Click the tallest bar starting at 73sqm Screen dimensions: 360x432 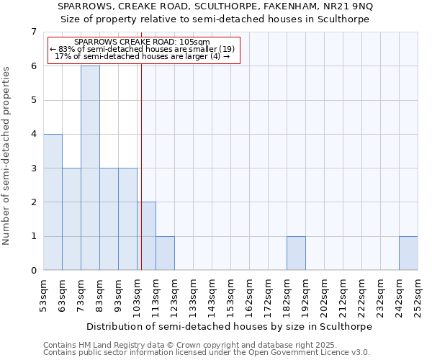coord(90,168)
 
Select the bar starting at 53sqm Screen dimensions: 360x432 coord(53,202)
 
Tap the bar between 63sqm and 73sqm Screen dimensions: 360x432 coord(71,219)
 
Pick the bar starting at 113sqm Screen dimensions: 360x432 coord(165,253)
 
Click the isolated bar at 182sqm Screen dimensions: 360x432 coord(296,253)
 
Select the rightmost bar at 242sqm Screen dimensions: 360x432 coord(408,253)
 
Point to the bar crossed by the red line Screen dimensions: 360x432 coord(147,236)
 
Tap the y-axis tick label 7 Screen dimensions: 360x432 coord(33,32)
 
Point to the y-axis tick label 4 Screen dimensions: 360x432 coord(33,134)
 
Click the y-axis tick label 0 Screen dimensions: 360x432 coord(33,271)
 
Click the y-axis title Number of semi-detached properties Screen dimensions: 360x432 coord(7,156)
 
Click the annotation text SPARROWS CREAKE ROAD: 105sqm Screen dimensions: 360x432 coord(142,42)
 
